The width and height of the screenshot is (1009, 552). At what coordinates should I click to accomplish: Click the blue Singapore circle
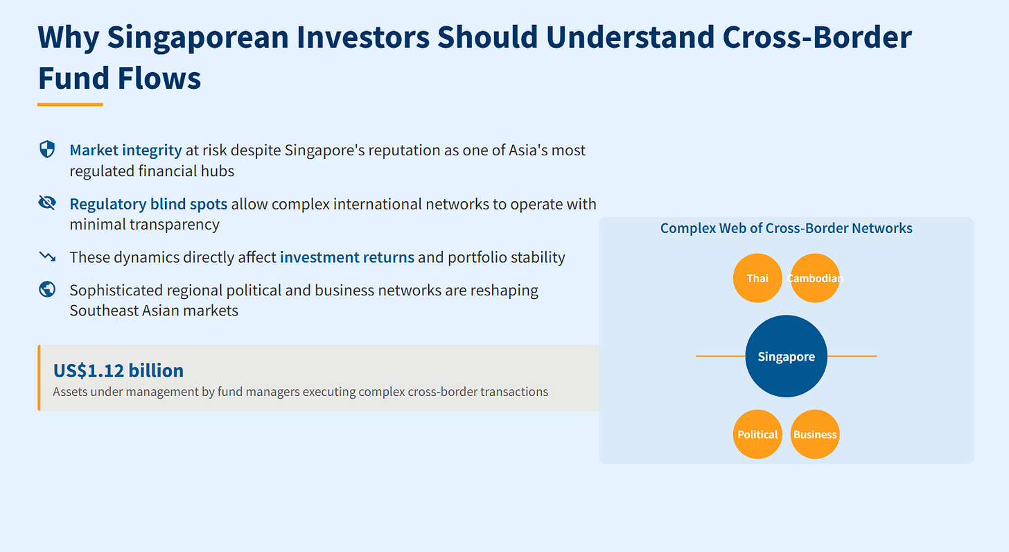tap(786, 356)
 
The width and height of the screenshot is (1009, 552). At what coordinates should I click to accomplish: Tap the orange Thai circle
tap(757, 278)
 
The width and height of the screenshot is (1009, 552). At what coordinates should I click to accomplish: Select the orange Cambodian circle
tap(815, 278)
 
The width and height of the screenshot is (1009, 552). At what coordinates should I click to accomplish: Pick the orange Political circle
tap(757, 434)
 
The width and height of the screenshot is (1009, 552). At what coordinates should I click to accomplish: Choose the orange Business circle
tap(815, 434)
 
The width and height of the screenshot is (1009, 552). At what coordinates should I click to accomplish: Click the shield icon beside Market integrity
tap(47, 149)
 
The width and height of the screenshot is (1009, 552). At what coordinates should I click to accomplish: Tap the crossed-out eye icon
tap(47, 202)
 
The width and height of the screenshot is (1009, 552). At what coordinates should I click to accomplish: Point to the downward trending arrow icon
tap(47, 257)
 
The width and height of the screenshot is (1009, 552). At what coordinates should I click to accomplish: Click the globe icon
tap(47, 289)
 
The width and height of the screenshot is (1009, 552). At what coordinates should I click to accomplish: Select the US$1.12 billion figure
tap(118, 370)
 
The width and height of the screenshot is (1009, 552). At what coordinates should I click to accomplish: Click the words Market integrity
tap(125, 150)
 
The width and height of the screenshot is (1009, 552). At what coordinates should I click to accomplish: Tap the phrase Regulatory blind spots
tap(148, 204)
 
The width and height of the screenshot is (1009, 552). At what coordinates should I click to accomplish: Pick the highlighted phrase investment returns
tap(346, 257)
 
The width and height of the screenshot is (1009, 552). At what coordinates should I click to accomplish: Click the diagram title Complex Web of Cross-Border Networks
tap(786, 228)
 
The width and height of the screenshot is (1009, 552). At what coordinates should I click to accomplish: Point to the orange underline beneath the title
tap(70, 105)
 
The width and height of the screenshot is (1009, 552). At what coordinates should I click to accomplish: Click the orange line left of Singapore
tap(721, 356)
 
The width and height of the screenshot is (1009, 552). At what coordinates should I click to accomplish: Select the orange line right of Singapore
tap(852, 356)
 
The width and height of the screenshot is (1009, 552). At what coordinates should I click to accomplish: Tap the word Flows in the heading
tap(159, 78)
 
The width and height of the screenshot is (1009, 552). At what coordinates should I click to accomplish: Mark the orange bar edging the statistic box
tap(40, 378)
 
